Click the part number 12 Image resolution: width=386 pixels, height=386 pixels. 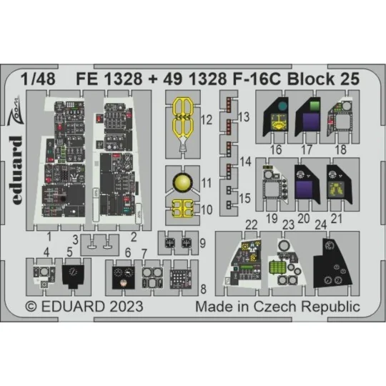[x=207, y=122]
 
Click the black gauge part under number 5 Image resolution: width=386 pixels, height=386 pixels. [x=74, y=271]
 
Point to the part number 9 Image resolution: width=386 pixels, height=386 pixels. [x=203, y=243]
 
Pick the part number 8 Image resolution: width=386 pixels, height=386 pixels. [x=204, y=289]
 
